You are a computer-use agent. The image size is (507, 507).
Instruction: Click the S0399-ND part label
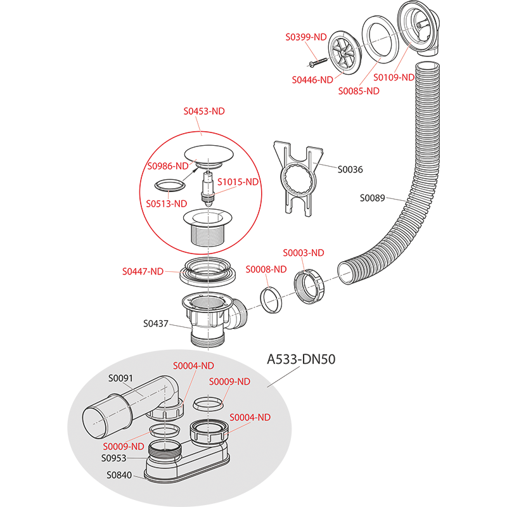306,37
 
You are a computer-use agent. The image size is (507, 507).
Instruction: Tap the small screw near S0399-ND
318,62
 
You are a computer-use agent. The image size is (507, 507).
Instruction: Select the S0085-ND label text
359,91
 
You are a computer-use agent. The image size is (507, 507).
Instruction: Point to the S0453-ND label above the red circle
204,112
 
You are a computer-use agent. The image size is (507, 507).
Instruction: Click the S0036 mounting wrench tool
297,179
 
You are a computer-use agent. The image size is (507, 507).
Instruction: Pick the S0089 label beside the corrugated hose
372,198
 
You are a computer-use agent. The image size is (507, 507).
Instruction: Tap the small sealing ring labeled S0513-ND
170,186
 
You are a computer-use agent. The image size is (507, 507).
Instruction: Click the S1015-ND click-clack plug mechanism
208,188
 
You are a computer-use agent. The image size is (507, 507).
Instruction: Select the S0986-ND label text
168,166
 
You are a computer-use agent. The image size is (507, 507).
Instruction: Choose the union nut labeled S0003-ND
309,286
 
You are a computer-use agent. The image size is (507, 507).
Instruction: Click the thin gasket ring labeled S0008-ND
271,300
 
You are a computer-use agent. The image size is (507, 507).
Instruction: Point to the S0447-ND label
143,272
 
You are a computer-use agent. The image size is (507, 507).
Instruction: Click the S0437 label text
155,324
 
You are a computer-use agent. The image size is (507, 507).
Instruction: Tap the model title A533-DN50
301,359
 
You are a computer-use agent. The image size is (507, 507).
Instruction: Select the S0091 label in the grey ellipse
120,378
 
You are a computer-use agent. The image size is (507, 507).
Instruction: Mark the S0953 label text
113,458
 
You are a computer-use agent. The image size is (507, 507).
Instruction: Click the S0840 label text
119,475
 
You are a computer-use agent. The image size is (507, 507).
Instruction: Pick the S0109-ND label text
394,77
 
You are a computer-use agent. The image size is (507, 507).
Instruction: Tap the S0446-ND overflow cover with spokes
345,53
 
